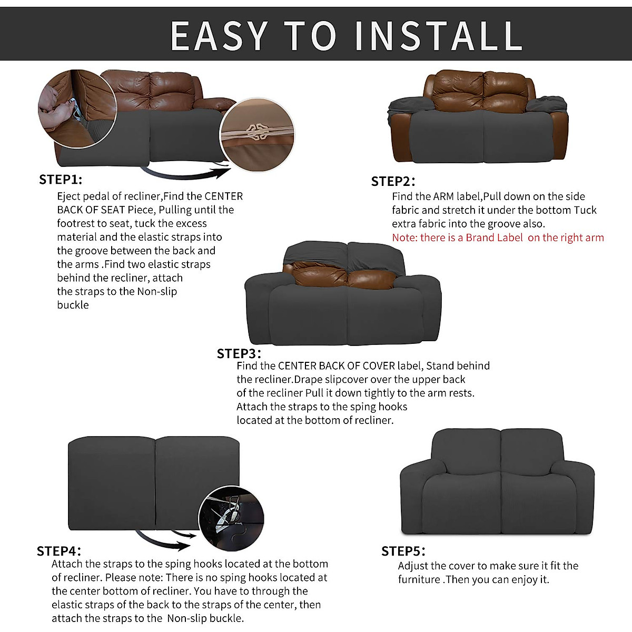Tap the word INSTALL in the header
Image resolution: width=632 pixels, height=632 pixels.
pyautogui.click(x=438, y=36)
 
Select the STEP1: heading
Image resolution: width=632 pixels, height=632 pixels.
pyautogui.click(x=61, y=180)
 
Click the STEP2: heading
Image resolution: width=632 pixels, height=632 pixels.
pyautogui.click(x=393, y=182)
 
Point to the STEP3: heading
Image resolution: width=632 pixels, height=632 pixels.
pyautogui.click(x=239, y=353)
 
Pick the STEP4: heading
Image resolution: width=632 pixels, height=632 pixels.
pyautogui.click(x=59, y=551)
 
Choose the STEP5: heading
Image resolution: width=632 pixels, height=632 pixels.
pyautogui.click(x=403, y=551)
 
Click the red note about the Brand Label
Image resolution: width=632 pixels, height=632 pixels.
pyautogui.click(x=498, y=238)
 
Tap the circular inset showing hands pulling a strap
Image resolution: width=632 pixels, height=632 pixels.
pyautogui.click(x=77, y=109)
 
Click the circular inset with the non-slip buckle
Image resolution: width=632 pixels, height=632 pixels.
pyautogui.click(x=257, y=135)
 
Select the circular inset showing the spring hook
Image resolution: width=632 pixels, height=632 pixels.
pyautogui.click(x=231, y=519)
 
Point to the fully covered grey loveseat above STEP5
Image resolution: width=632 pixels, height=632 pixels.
pyautogui.click(x=497, y=482)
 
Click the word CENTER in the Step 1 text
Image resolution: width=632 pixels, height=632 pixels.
pyautogui.click(x=223, y=196)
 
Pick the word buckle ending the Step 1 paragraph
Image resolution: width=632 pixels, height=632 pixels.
pyautogui.click(x=73, y=305)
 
